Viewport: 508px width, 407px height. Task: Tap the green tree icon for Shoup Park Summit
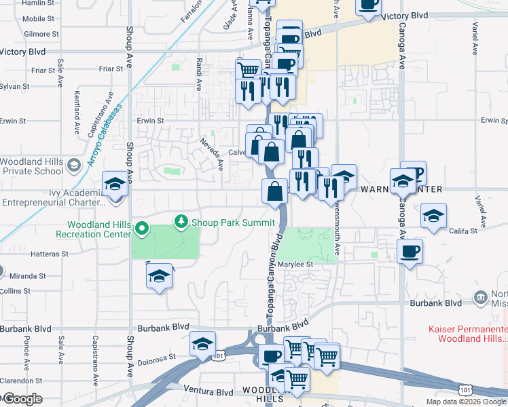181,221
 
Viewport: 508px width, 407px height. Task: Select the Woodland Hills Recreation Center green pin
142,229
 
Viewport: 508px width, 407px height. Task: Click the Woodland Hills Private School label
31,166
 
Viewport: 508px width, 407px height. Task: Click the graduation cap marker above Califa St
433,216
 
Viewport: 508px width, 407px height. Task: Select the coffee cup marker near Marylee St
410,252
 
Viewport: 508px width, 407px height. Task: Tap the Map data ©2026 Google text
465,402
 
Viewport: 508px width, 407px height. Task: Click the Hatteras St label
50,254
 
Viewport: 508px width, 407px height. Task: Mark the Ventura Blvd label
208,391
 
